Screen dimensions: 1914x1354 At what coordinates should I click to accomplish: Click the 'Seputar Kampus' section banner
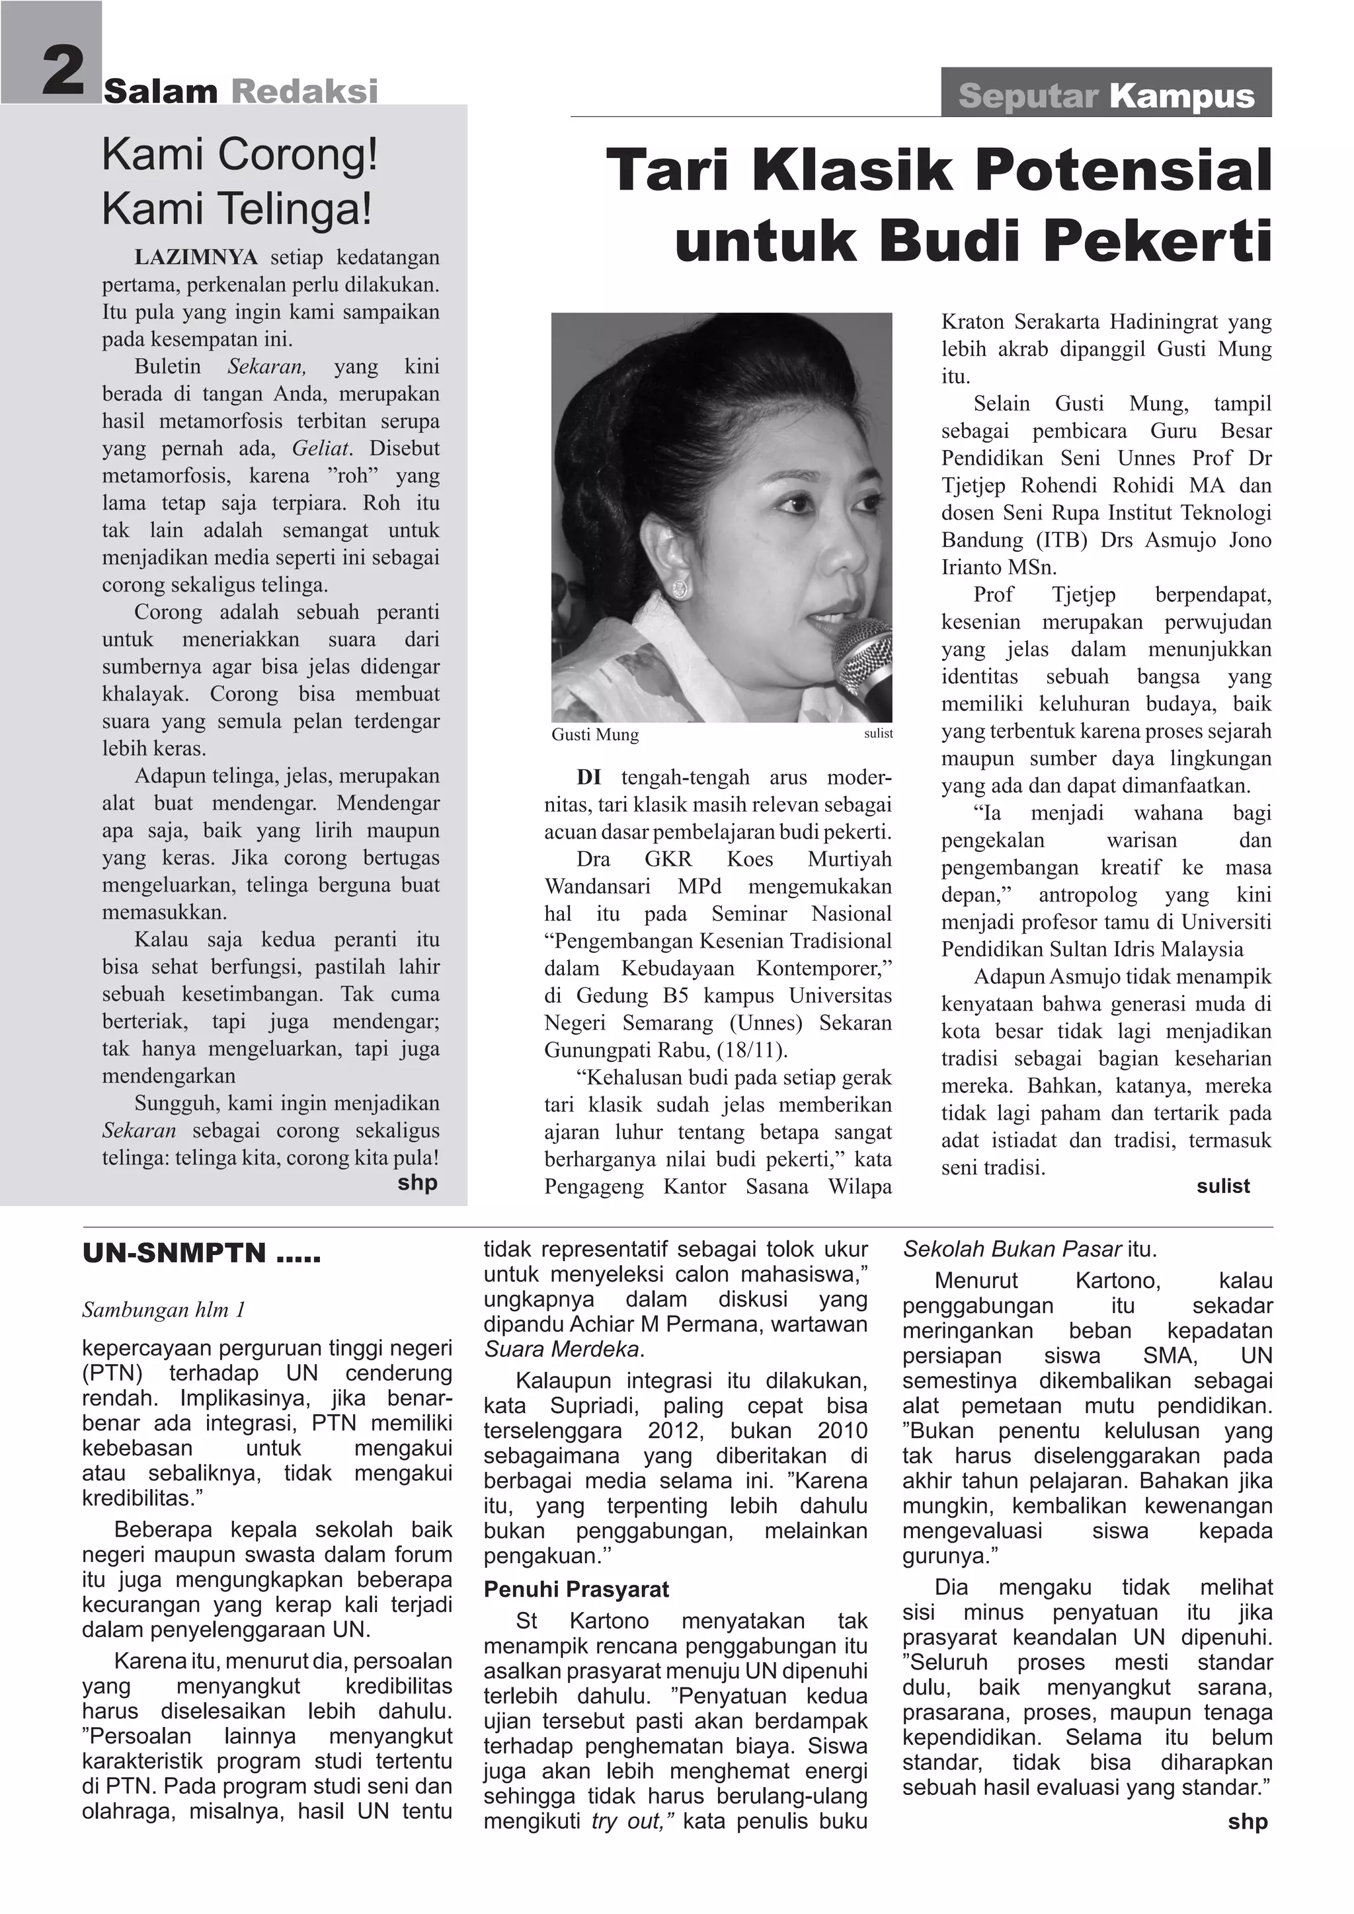pyautogui.click(x=1105, y=95)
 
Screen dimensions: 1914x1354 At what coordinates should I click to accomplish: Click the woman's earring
pyautogui.click(x=680, y=588)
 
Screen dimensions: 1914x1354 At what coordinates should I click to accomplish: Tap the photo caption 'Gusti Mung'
pyautogui.click(x=594, y=734)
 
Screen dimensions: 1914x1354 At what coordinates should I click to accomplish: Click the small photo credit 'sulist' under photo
pyautogui.click(x=878, y=734)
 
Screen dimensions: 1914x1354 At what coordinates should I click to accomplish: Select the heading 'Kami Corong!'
pyautogui.click(x=240, y=155)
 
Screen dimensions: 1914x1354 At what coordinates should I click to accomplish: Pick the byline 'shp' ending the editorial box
pyautogui.click(x=417, y=1182)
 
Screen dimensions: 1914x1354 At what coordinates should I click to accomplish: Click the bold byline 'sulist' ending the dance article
pyautogui.click(x=1222, y=1186)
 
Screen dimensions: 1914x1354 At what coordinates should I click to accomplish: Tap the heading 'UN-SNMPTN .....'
pyautogui.click(x=201, y=1254)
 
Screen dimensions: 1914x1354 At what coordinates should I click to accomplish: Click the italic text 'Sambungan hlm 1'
pyautogui.click(x=163, y=1310)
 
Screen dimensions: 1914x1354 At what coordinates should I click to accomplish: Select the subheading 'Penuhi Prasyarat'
pyautogui.click(x=576, y=1589)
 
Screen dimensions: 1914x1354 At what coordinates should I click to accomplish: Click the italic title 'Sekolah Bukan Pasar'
pyautogui.click(x=1012, y=1250)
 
